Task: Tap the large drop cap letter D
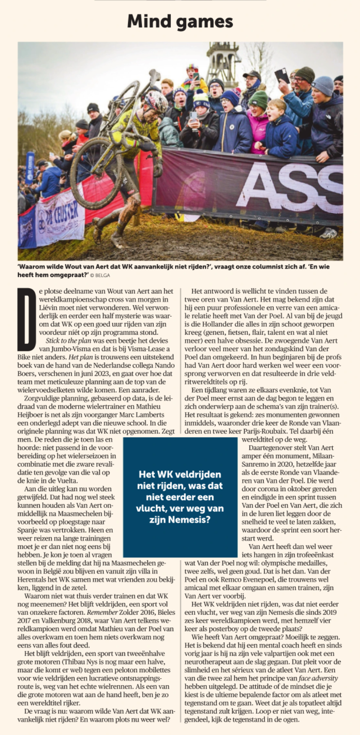(26, 318)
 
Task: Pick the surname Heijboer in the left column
(33, 414)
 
